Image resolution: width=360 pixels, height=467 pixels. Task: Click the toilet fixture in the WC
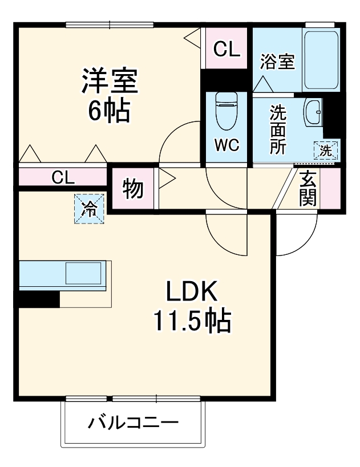(x=226, y=110)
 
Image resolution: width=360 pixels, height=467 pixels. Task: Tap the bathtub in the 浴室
(x=321, y=60)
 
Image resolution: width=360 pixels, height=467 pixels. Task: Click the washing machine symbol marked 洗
(x=326, y=151)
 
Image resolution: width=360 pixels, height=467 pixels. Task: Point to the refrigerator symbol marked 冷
(x=89, y=209)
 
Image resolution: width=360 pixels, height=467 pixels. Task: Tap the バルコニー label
(x=133, y=423)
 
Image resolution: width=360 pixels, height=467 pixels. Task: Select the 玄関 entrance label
(x=308, y=189)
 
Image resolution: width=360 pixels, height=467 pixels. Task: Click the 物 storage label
(x=133, y=189)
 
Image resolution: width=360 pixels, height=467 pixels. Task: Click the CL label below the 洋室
(x=63, y=178)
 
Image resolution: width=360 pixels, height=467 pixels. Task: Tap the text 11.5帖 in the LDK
(x=192, y=321)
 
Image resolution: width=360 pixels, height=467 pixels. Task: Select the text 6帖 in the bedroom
(x=109, y=110)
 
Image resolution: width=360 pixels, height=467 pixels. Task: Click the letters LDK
(x=191, y=290)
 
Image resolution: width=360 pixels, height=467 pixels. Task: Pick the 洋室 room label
(x=110, y=80)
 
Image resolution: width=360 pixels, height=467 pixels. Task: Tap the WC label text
(x=227, y=145)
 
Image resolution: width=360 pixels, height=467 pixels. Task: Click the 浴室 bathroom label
(x=277, y=62)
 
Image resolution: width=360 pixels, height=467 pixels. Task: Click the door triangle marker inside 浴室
(x=263, y=84)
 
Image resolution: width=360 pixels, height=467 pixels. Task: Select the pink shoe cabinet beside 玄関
(x=330, y=189)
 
